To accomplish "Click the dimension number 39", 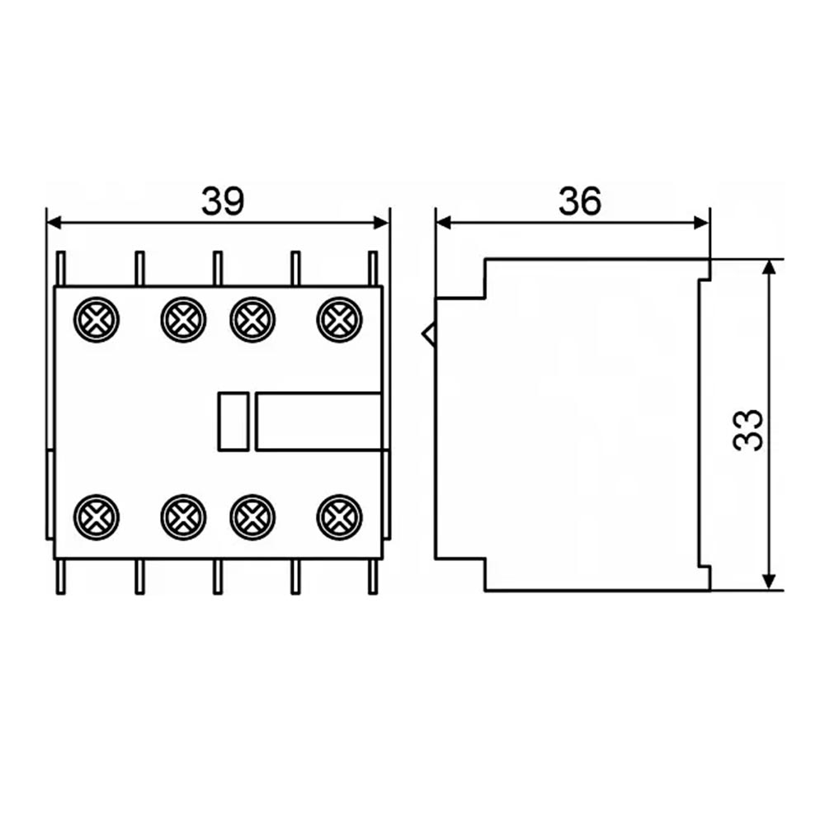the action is point(223,201).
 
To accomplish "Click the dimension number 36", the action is point(579,201).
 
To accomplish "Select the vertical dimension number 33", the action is point(747,430).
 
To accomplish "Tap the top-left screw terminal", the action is point(97,319).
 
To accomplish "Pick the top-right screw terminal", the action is point(339,319).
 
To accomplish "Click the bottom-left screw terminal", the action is point(97,517).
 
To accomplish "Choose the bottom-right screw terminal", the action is point(339,517).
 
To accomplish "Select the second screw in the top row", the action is point(183,319).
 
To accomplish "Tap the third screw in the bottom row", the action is point(252,517).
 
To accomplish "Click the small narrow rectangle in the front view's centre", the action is point(233,422).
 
